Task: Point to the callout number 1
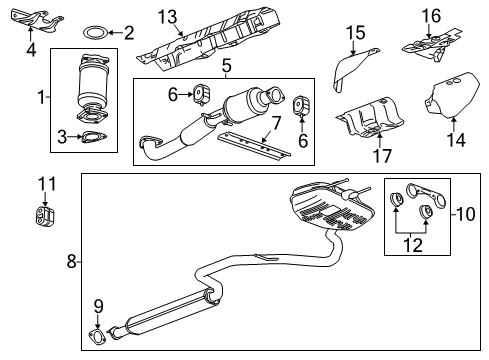(x=40, y=98)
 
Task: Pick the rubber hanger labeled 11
(x=43, y=216)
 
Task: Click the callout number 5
(x=227, y=68)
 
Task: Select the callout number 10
(x=462, y=214)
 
